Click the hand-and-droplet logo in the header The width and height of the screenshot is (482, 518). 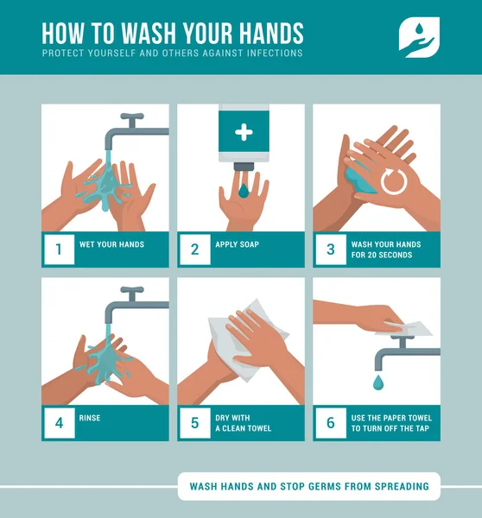tap(419, 38)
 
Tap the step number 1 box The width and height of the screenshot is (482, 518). tap(60, 250)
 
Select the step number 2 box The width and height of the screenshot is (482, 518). tap(195, 250)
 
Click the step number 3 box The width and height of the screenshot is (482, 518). tap(331, 250)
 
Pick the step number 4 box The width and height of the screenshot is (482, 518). tap(60, 423)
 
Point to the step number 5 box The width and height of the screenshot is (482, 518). tap(195, 423)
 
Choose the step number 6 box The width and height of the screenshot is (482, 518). tap(331, 423)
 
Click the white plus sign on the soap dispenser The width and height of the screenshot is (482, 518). tap(244, 132)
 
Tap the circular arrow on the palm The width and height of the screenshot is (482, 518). tap(393, 180)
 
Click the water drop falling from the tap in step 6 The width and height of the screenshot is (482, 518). tap(378, 382)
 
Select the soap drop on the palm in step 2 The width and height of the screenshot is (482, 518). tap(244, 191)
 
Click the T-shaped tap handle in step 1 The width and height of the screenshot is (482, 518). tap(132, 120)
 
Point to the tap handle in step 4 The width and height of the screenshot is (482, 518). tap(132, 294)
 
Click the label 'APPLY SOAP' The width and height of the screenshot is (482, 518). tap(237, 244)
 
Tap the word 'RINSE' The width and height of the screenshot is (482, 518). tap(90, 418)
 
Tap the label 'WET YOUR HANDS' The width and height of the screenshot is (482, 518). tap(111, 244)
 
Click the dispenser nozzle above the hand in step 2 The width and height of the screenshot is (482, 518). tap(244, 166)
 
